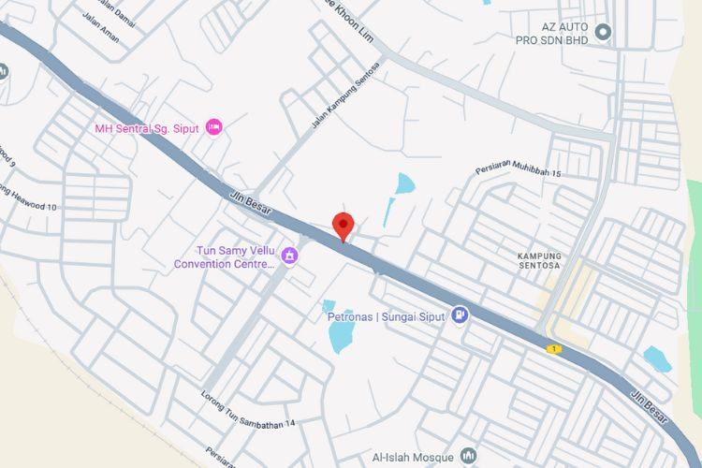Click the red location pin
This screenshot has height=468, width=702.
[344, 226]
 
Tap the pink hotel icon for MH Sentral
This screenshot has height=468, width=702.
[214, 126]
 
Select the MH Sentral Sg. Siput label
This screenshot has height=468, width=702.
[147, 127]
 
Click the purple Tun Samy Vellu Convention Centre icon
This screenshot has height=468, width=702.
[290, 255]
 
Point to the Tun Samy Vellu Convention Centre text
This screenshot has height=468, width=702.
[226, 257]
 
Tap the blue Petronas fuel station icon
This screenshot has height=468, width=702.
[459, 315]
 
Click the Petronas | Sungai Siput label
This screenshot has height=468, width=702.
[385, 316]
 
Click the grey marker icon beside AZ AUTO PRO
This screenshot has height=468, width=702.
[604, 33]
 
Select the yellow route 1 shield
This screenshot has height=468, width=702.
[554, 349]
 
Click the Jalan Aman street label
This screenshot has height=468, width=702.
[101, 37]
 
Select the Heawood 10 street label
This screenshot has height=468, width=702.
[29, 198]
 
